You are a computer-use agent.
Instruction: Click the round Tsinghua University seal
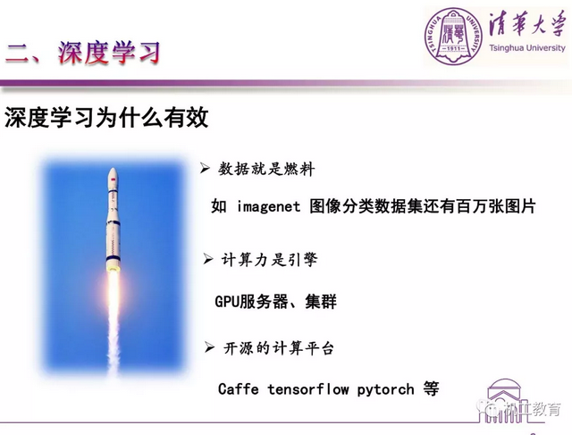coord(453,37)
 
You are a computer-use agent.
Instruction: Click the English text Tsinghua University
coord(527,47)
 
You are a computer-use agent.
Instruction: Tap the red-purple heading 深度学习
coord(109,54)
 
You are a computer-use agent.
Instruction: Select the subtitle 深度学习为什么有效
coord(106,117)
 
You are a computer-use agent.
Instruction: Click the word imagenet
coord(268,206)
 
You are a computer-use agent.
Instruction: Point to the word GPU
coord(226,301)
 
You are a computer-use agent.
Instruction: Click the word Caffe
coord(239,388)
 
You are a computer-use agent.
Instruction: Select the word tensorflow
coord(308,389)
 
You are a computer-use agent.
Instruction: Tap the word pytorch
coord(385,390)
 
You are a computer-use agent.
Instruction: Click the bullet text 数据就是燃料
coord(266,169)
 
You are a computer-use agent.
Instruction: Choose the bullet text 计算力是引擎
coord(269,260)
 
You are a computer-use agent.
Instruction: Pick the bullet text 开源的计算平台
coord(278,348)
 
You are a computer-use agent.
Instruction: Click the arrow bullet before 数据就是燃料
coord(205,168)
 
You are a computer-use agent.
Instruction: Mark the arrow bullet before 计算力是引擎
coord(208,259)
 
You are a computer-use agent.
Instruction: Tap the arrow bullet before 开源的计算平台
coord(209,347)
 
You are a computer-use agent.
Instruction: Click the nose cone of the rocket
coord(114,174)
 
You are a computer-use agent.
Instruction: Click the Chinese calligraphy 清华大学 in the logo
coord(526,25)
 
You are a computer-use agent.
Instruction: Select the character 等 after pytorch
coord(431,389)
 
